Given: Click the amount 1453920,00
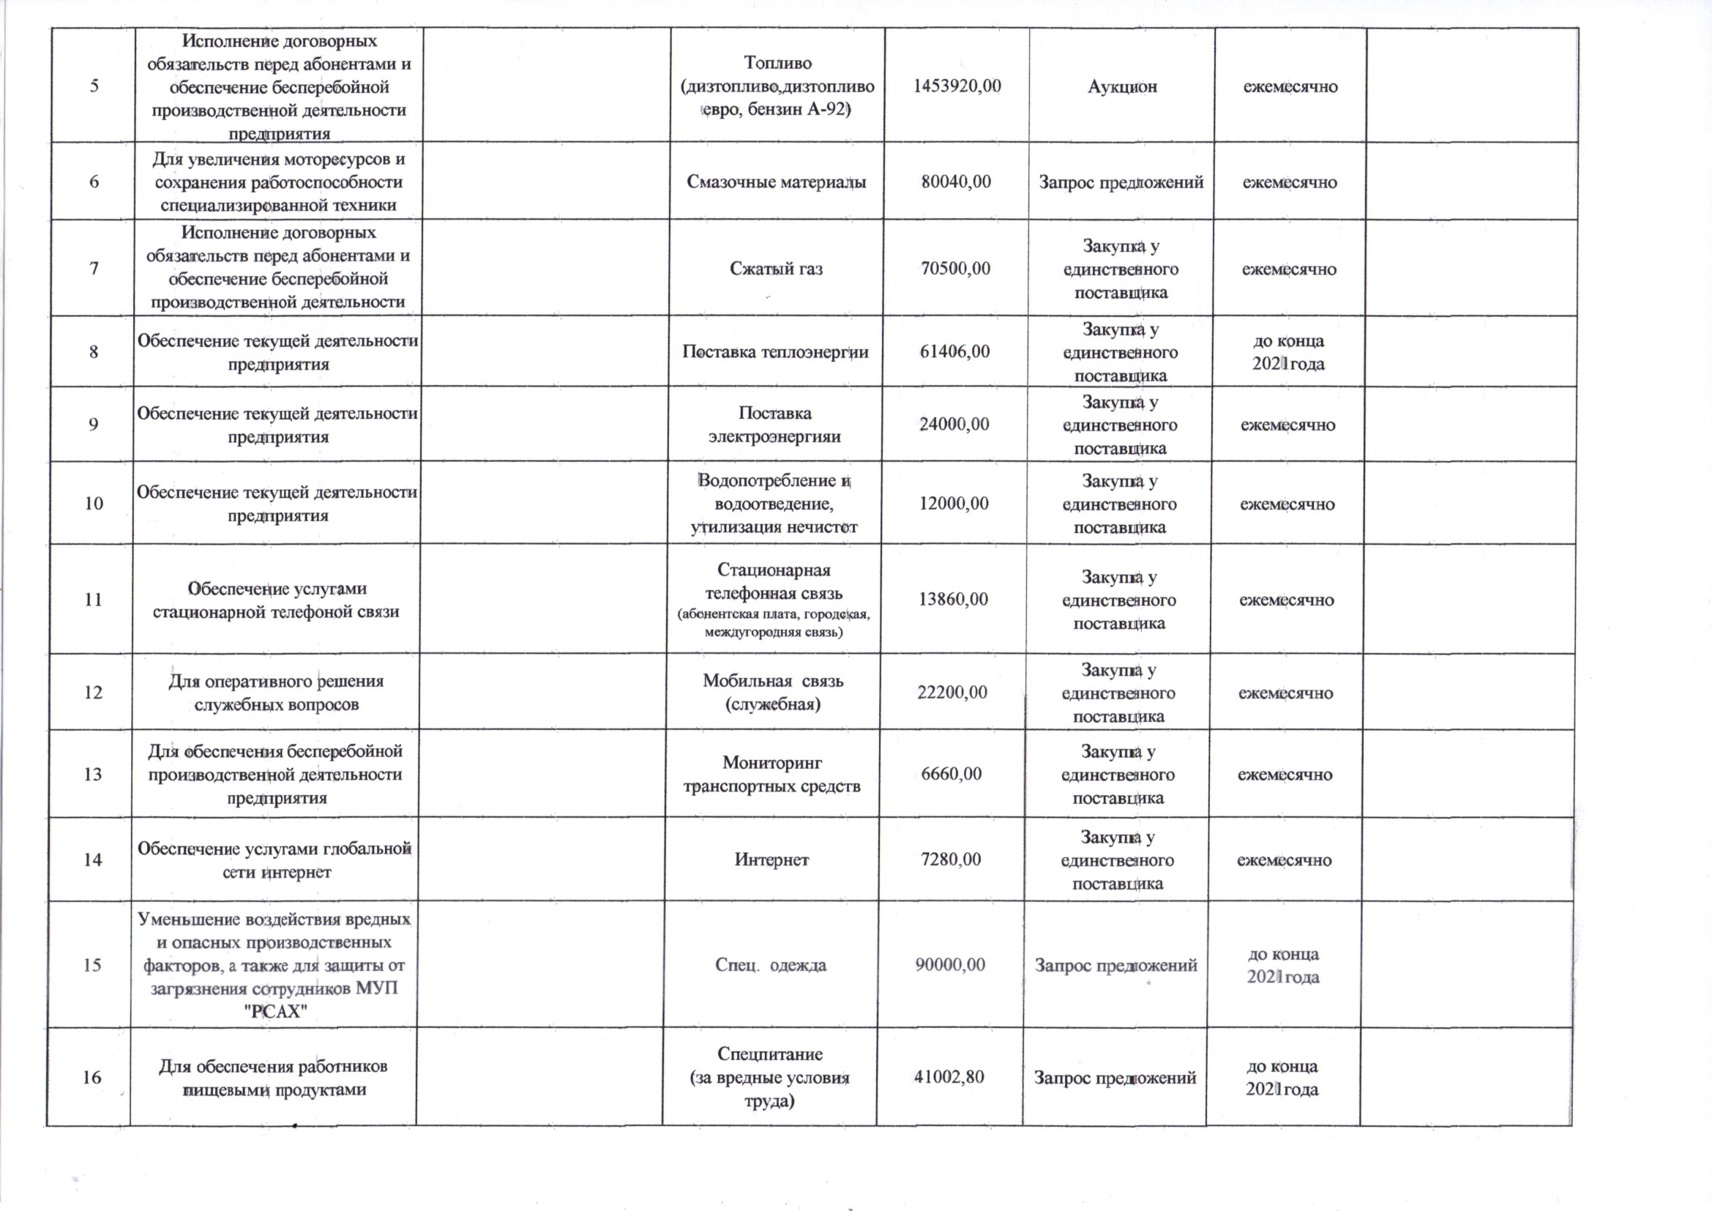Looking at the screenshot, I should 957,86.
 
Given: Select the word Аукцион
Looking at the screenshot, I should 1122,86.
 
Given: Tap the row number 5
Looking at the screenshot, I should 94,85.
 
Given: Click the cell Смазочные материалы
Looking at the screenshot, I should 776,182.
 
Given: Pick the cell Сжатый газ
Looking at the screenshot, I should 775,269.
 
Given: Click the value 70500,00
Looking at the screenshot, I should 956,269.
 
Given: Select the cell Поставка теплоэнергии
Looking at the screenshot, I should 775,352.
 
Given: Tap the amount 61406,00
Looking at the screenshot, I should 955,352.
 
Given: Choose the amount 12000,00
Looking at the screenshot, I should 954,504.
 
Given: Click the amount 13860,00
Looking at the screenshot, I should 953,600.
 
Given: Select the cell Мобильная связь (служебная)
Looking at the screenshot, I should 773,693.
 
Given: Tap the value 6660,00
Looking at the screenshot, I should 952,774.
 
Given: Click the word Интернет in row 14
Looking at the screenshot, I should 771,860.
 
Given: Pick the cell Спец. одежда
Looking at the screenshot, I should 771,965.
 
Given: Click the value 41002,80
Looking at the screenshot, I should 950,1077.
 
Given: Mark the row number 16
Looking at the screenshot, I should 91,1078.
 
